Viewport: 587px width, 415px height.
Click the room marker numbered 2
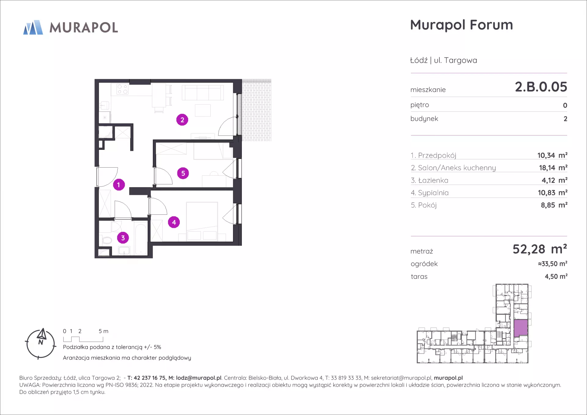[x=182, y=120]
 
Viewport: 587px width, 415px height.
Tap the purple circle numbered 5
[x=183, y=173]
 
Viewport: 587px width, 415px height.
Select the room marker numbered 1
[x=119, y=185]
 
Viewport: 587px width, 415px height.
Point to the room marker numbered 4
[x=174, y=222]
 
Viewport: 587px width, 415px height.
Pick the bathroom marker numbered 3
[x=123, y=238]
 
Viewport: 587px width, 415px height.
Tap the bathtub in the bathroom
[x=141, y=240]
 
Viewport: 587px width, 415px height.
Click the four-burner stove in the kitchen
[x=123, y=89]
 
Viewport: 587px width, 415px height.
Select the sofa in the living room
[x=203, y=92]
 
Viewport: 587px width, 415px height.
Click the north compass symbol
[x=41, y=344]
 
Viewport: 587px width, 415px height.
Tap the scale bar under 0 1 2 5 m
[x=83, y=339]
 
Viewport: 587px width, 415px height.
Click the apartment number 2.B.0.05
[x=541, y=87]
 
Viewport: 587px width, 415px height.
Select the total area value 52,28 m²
[x=540, y=249]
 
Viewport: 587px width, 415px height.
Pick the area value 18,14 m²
[x=553, y=168]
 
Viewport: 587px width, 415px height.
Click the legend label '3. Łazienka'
[x=430, y=180]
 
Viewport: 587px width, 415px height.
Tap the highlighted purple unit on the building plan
[x=521, y=328]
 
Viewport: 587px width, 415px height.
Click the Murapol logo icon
[x=33, y=28]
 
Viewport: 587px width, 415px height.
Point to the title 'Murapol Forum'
[x=461, y=25]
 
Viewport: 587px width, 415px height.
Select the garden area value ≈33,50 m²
[x=553, y=264]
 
